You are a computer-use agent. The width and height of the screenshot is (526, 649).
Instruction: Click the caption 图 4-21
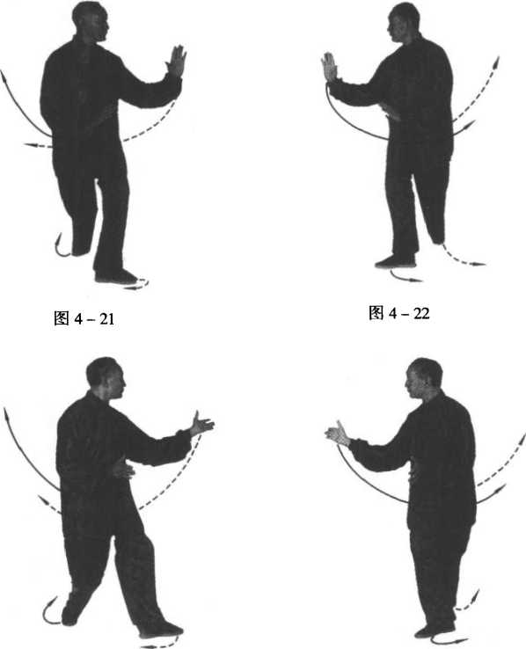(x=84, y=318)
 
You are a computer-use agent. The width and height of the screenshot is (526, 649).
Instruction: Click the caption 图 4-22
(x=399, y=313)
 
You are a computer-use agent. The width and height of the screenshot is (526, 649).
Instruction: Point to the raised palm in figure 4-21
(x=176, y=62)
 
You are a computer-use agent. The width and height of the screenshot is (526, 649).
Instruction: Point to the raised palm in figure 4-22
(x=330, y=67)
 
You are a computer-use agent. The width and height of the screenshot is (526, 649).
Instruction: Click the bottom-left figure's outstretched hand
(x=201, y=424)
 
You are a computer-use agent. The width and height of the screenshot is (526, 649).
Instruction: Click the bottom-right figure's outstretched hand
(x=338, y=434)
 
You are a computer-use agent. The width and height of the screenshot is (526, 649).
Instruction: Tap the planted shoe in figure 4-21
(x=116, y=275)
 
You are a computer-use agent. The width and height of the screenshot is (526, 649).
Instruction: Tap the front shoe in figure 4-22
(x=394, y=262)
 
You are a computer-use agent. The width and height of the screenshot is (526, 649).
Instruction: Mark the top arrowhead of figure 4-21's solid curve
(x=4, y=76)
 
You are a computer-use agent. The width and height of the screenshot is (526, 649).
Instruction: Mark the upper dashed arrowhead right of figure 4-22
(x=496, y=62)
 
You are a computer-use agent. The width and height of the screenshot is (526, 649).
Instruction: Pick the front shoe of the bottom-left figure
(x=161, y=630)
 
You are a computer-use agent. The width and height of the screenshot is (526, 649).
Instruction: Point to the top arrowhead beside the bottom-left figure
(x=6, y=414)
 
